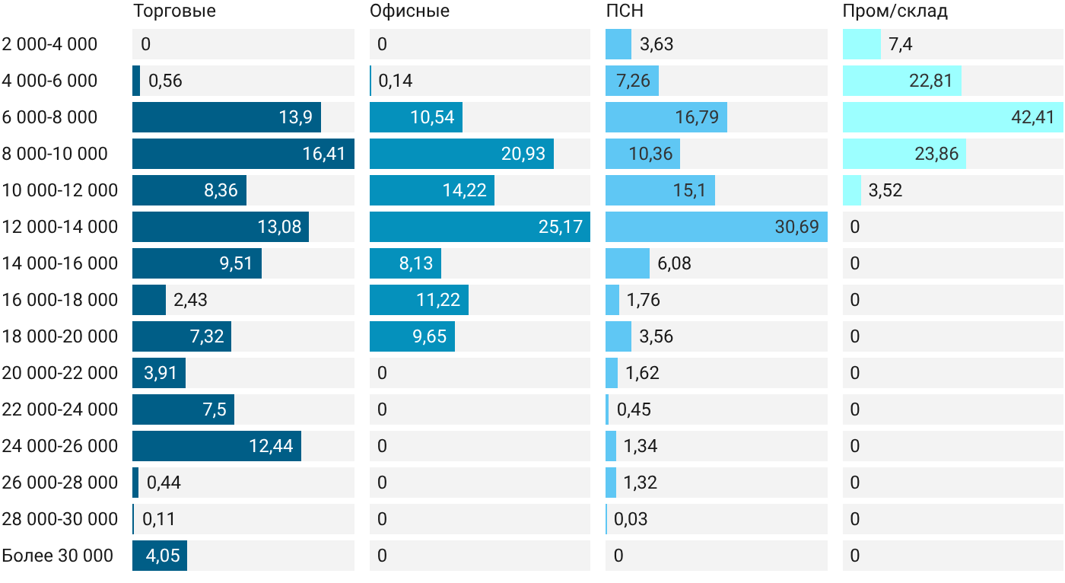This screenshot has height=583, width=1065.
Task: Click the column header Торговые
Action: (174, 11)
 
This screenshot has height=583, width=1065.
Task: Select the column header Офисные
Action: (409, 11)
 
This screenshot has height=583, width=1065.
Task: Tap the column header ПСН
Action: (625, 11)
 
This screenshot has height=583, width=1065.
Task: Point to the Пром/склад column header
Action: (895, 11)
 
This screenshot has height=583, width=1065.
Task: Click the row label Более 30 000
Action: (58, 556)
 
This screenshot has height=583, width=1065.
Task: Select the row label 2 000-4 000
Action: (49, 44)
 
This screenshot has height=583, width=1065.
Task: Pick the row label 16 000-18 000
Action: (60, 300)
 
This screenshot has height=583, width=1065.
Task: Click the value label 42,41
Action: (1033, 117)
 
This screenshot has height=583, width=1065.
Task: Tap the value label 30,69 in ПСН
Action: (797, 227)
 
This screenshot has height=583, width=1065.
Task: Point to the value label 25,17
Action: (561, 227)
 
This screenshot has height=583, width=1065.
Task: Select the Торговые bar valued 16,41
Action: (243, 154)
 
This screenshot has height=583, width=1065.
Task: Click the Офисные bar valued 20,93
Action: (462, 154)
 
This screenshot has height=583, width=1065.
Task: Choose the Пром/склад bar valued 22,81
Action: (902, 81)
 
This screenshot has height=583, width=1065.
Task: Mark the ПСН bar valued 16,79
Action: (666, 117)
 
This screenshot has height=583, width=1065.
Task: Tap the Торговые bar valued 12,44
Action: (217, 446)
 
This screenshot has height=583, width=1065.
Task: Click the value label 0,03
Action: (631, 519)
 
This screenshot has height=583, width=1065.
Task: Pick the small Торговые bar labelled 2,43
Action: (149, 300)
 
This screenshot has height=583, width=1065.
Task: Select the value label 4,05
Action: (163, 556)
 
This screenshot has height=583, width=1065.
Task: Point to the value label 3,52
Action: (885, 190)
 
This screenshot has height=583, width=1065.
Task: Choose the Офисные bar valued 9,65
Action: (412, 336)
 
